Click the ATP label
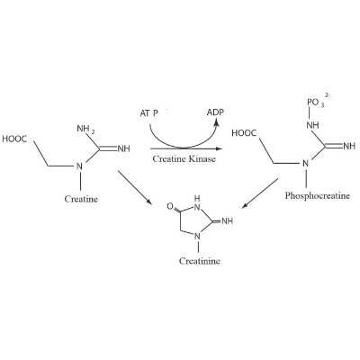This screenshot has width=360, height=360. pyautogui.click(x=148, y=113)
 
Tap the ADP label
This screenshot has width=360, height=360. pyautogui.click(x=215, y=112)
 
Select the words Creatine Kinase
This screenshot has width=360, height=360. pyautogui.click(x=184, y=158)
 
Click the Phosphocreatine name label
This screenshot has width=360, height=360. pyautogui.click(x=318, y=196)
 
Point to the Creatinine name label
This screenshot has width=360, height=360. pyautogui.click(x=200, y=261)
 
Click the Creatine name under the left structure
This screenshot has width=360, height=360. pyautogui.click(x=81, y=199)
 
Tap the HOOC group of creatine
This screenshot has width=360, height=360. pyautogui.click(x=14, y=139)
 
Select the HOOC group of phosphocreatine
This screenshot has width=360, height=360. pyautogui.click(x=244, y=133)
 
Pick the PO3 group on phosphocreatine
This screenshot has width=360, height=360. pyautogui.click(x=315, y=103)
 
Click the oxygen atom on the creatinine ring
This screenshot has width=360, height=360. pyautogui.click(x=170, y=206)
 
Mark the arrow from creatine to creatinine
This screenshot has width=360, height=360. pyautogui.click(x=134, y=187)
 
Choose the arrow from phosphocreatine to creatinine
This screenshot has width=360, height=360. pyautogui.click(x=260, y=193)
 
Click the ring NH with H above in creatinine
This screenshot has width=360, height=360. pyautogui.click(x=196, y=202)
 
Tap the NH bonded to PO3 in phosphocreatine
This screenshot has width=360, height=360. pyautogui.click(x=312, y=125)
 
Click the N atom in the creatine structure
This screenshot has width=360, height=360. pyautogui.click(x=79, y=166)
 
